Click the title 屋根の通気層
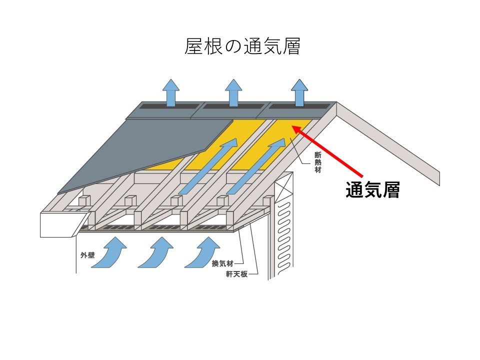point(242,46)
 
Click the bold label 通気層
point(372,190)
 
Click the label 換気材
point(220,263)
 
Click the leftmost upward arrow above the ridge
point(171,92)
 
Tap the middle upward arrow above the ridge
point(233,92)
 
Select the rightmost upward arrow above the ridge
point(299,92)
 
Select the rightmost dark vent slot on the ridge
point(299,106)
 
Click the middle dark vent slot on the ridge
point(233,106)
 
